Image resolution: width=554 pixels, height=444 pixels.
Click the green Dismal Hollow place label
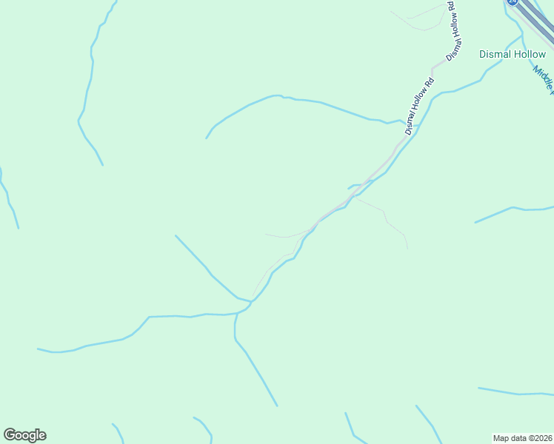[513, 54]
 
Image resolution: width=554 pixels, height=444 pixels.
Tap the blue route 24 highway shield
[512, 2]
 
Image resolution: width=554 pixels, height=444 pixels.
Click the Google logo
[24, 435]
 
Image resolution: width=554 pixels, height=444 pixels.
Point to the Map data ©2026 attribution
[522, 437]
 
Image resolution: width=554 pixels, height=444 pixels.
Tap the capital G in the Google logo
[10, 434]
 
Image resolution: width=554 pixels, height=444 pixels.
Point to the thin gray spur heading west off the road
[285, 236]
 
